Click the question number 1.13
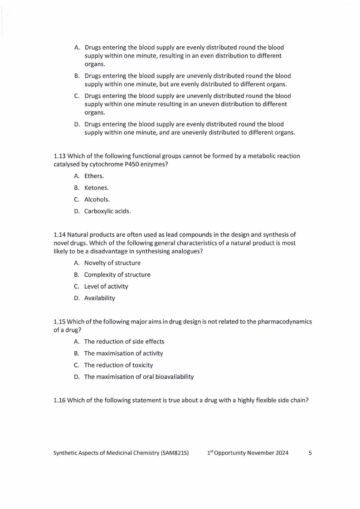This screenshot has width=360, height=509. point(59,156)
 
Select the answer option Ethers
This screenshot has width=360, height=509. point(94,176)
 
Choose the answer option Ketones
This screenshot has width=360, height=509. point(96,188)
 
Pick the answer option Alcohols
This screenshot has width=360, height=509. point(97,199)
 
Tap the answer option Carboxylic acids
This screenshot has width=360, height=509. point(107,211)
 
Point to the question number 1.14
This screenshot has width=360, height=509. point(59,235)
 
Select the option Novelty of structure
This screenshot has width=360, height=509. point(112,263)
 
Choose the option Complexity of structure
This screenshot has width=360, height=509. point(117,275)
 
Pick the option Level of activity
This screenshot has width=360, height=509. point(106,287)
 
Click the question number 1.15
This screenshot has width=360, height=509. point(59,322)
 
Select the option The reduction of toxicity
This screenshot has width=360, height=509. point(118,365)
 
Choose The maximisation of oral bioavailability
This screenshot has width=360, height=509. point(139,377)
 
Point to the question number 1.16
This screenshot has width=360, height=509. point(59,400)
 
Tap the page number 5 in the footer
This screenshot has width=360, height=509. point(310,453)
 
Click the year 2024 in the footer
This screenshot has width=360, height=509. point(281,453)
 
